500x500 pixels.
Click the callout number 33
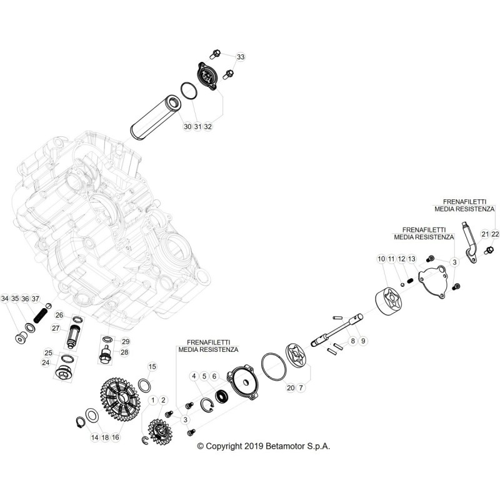pyautogui.click(x=241, y=57)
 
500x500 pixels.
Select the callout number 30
pyautogui.click(x=187, y=127)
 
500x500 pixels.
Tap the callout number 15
pyautogui.click(x=152, y=367)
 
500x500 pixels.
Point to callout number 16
pyautogui.click(x=116, y=437)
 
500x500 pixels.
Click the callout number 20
pyautogui.click(x=291, y=387)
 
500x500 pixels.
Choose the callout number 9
pyautogui.click(x=363, y=341)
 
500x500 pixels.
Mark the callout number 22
pyautogui.click(x=495, y=234)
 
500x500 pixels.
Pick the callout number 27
pyautogui.click(x=56, y=327)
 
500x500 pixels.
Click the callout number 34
pyautogui.click(x=5, y=299)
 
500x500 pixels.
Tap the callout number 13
pyautogui.click(x=412, y=259)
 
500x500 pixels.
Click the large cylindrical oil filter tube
pyautogui.click(x=156, y=118)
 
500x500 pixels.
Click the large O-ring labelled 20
pyautogui.click(x=274, y=367)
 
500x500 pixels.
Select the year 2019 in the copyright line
pyautogui.click(x=253, y=446)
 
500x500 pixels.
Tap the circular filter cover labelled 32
pyautogui.click(x=207, y=76)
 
